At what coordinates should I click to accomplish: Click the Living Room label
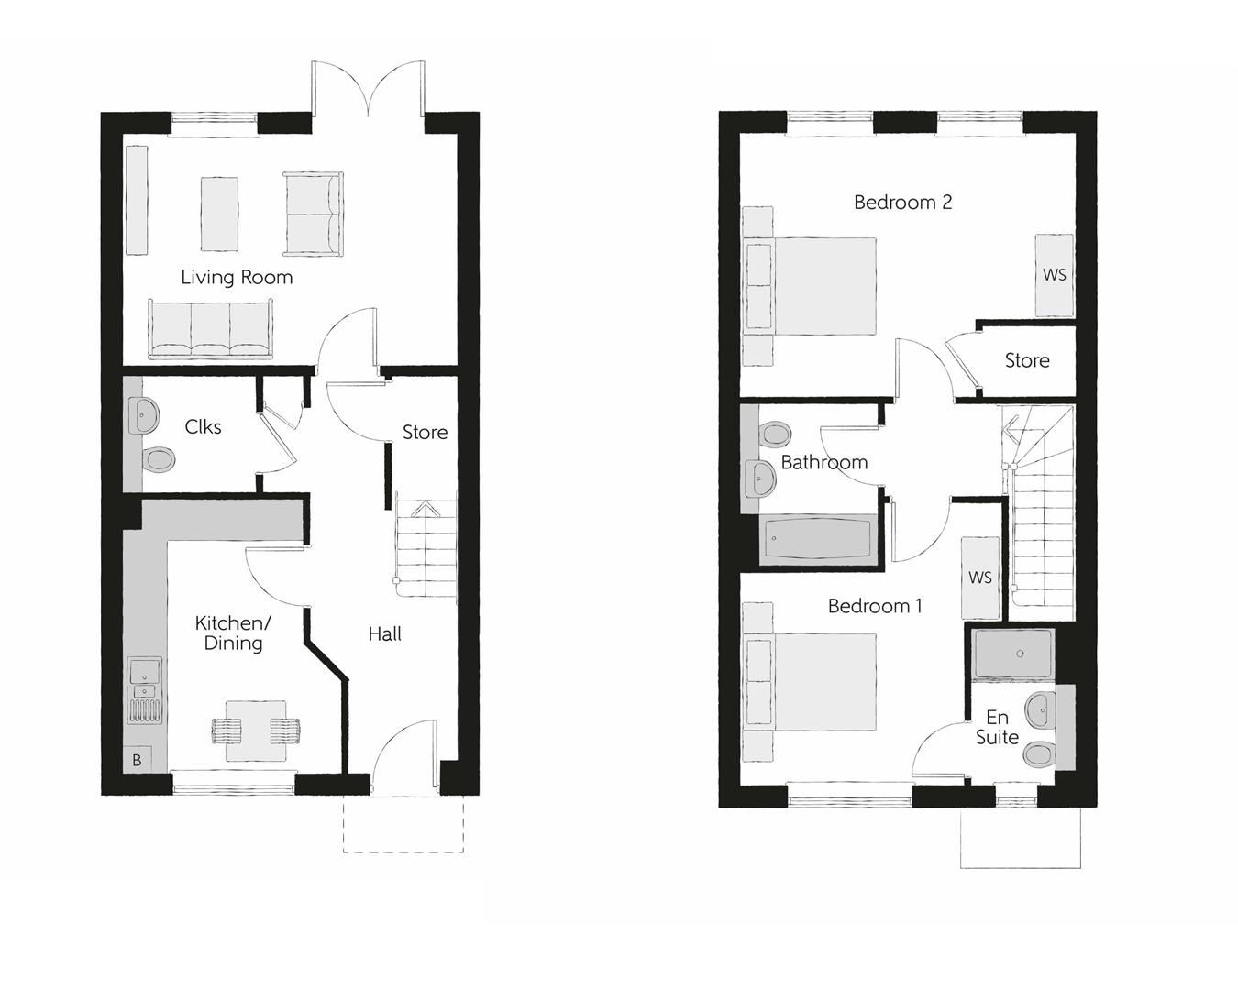(x=237, y=277)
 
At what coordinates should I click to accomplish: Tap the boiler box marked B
(x=137, y=760)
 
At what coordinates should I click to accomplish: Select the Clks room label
(x=203, y=426)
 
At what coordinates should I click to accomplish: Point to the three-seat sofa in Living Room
(x=210, y=327)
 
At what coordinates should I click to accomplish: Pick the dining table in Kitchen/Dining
(x=256, y=731)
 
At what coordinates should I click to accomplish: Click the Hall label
(x=385, y=633)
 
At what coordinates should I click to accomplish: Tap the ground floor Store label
(x=425, y=432)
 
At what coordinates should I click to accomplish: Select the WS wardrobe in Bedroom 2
(x=1054, y=274)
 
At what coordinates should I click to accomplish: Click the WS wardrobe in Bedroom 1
(x=979, y=577)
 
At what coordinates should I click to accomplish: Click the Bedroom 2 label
(x=902, y=202)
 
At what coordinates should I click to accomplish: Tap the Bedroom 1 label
(x=875, y=606)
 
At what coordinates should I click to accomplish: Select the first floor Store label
(x=1027, y=360)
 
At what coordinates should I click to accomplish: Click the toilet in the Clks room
(x=158, y=457)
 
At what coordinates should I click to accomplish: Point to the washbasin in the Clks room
(x=143, y=415)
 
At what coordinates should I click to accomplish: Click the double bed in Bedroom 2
(x=810, y=286)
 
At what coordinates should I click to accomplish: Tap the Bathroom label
(x=823, y=462)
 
